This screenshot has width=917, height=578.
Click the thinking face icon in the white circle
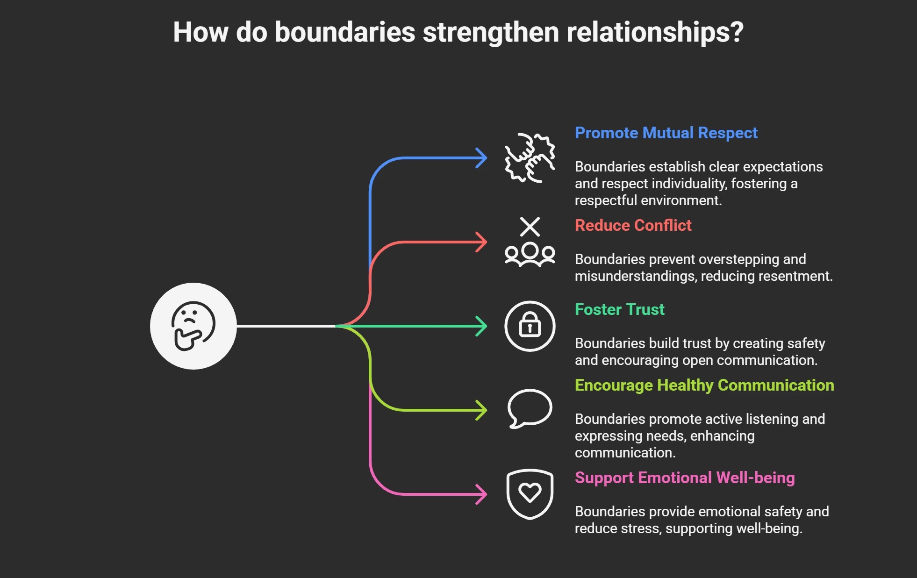pyautogui.click(x=193, y=326)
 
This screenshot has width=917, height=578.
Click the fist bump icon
pyautogui.click(x=530, y=158)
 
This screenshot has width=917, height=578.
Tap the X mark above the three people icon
pyautogui.click(x=530, y=227)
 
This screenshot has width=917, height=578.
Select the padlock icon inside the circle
pyautogui.click(x=530, y=325)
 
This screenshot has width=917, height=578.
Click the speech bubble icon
pyautogui.click(x=530, y=408)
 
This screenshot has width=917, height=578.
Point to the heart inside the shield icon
pyautogui.click(x=530, y=492)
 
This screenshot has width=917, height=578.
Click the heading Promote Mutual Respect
pyautogui.click(x=666, y=133)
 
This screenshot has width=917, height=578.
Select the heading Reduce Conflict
pyautogui.click(x=633, y=226)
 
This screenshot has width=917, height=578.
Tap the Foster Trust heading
pyautogui.click(x=619, y=310)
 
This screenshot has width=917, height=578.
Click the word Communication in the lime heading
pyautogui.click(x=775, y=385)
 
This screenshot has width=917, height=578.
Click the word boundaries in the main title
pyautogui.click(x=344, y=32)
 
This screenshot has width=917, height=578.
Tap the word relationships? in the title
pyautogui.click(x=654, y=32)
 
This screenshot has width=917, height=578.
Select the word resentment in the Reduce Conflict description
pyautogui.click(x=795, y=276)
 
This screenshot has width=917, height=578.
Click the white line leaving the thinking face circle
pyautogui.click(x=285, y=326)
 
